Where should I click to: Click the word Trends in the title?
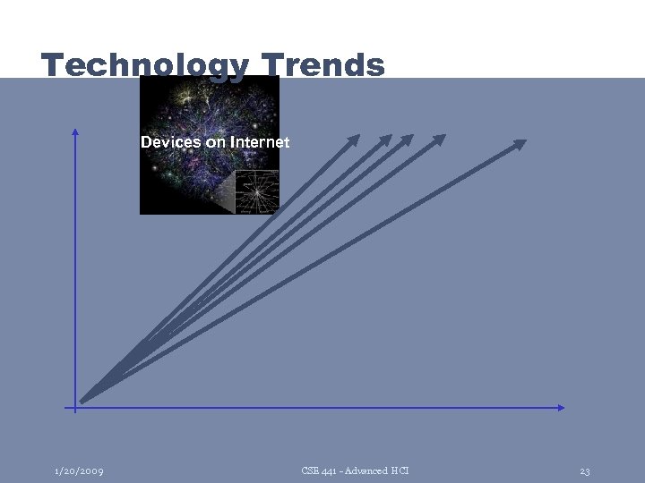[x=323, y=64]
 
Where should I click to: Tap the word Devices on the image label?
[x=170, y=142]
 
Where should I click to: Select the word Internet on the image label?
[x=260, y=142]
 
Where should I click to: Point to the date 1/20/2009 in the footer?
[x=78, y=470]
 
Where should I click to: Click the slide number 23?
[x=584, y=470]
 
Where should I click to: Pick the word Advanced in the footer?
[x=365, y=470]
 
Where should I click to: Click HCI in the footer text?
[x=400, y=470]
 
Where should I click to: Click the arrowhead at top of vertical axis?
[x=75, y=131]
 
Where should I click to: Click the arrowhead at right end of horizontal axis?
[x=562, y=408]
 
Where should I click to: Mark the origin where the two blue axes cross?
[x=75, y=408]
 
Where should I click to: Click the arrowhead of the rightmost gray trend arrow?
[x=520, y=143]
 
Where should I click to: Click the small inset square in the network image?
[x=257, y=191]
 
